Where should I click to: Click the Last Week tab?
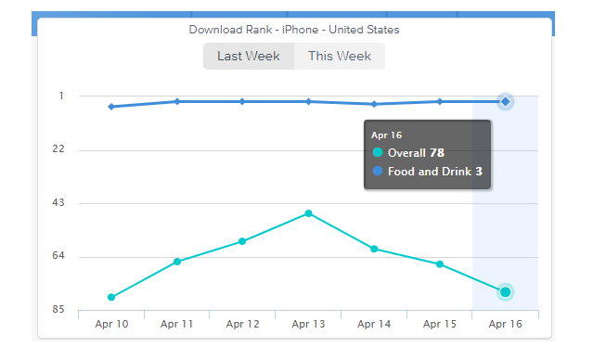[x=249, y=57]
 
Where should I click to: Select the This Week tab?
[x=340, y=57]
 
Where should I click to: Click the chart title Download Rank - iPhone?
[x=294, y=30]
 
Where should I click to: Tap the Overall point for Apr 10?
[x=111, y=297]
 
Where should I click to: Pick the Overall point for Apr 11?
[x=177, y=262]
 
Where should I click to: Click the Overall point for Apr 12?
[x=242, y=241]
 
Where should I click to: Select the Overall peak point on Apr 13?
[x=308, y=213]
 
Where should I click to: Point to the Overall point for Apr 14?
[x=374, y=249]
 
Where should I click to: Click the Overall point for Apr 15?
[x=439, y=264]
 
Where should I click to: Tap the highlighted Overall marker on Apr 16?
[x=505, y=292]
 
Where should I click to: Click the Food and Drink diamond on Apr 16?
[x=505, y=101]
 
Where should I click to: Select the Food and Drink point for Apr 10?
[x=111, y=107]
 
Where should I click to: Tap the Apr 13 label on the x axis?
[x=308, y=324]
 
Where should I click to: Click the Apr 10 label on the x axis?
[x=111, y=324]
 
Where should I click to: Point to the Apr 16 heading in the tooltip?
[x=386, y=135]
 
